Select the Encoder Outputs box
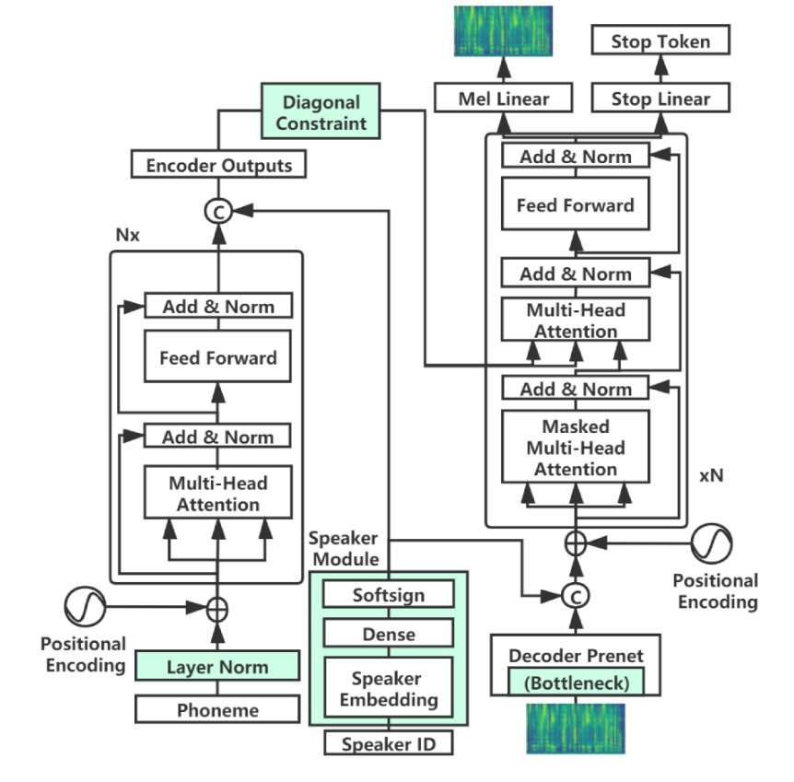(218, 166)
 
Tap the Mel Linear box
(503, 99)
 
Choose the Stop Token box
(660, 41)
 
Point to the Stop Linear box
(660, 99)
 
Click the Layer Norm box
(218, 666)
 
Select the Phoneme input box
(218, 710)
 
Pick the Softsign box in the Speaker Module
(389, 594)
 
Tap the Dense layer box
(389, 634)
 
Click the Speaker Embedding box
(389, 689)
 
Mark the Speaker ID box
(389, 743)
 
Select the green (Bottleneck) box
(576, 683)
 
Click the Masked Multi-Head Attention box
(576, 448)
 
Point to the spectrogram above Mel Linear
(503, 30)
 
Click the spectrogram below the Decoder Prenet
(576, 728)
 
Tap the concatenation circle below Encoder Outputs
(218, 211)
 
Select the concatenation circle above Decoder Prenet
(576, 596)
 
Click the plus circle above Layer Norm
(218, 608)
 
